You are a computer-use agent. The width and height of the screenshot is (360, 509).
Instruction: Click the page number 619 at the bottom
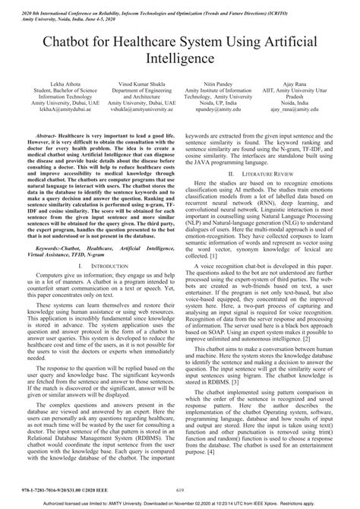click(180, 492)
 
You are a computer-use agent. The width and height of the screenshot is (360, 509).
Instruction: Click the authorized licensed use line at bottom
click(180, 504)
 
